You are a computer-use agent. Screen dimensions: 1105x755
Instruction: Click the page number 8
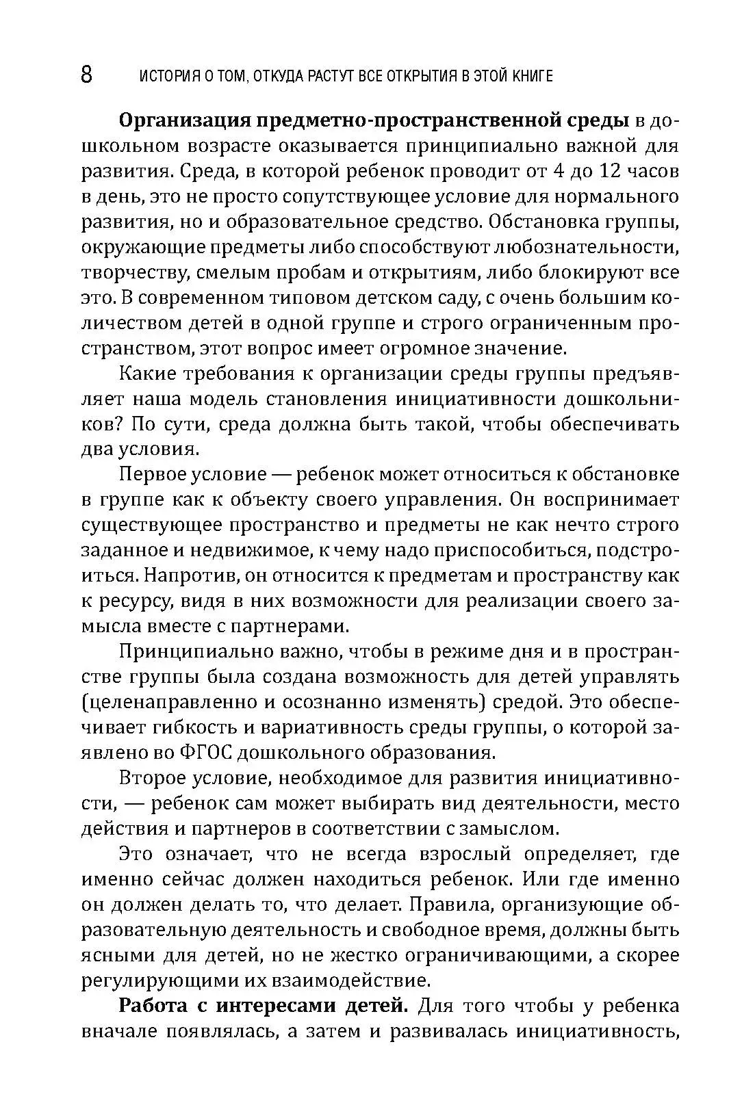(86, 74)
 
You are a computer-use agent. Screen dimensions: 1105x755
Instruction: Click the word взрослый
(472, 854)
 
